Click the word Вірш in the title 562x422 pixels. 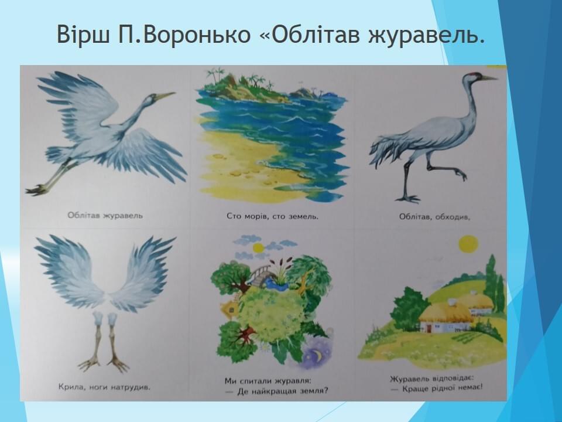(83, 35)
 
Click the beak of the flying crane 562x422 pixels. (165, 96)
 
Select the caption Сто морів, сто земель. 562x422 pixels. (272, 216)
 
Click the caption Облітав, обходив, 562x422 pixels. (434, 216)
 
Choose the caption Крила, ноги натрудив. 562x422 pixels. (104, 387)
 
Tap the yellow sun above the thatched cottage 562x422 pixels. (468, 244)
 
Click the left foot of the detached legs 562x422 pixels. (90, 364)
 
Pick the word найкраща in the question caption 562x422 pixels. (262, 391)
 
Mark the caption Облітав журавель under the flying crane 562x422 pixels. (105, 216)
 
